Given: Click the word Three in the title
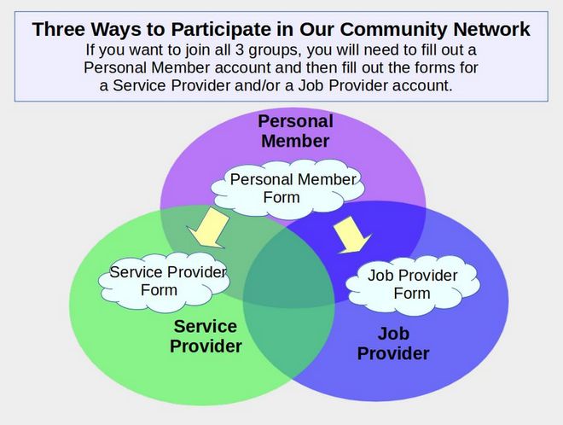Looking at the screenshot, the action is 57,29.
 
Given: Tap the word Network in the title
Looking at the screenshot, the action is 491,29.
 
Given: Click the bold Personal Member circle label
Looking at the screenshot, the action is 295,131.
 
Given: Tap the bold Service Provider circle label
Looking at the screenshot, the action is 206,336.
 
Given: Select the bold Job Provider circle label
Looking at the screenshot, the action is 393,343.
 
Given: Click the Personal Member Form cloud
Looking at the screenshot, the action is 287,189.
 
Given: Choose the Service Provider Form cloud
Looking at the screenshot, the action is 164,282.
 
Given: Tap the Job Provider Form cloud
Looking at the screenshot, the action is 413,285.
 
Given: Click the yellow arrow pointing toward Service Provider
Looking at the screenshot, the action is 209,228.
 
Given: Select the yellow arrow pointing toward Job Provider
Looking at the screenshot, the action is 351,235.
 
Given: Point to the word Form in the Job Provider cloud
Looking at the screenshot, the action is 412,294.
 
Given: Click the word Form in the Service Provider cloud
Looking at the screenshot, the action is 159,290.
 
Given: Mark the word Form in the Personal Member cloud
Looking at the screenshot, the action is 281,197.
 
